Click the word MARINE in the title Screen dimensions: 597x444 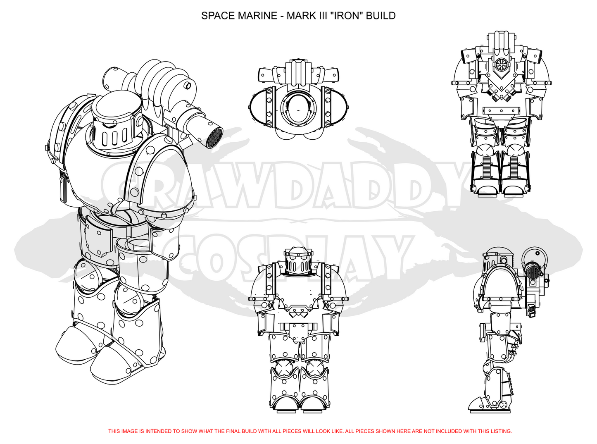[x=257, y=16]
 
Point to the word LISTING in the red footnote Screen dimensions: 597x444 [x=501, y=431]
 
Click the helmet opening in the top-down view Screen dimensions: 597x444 [x=298, y=110]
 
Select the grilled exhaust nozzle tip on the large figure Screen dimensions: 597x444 [x=214, y=137]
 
